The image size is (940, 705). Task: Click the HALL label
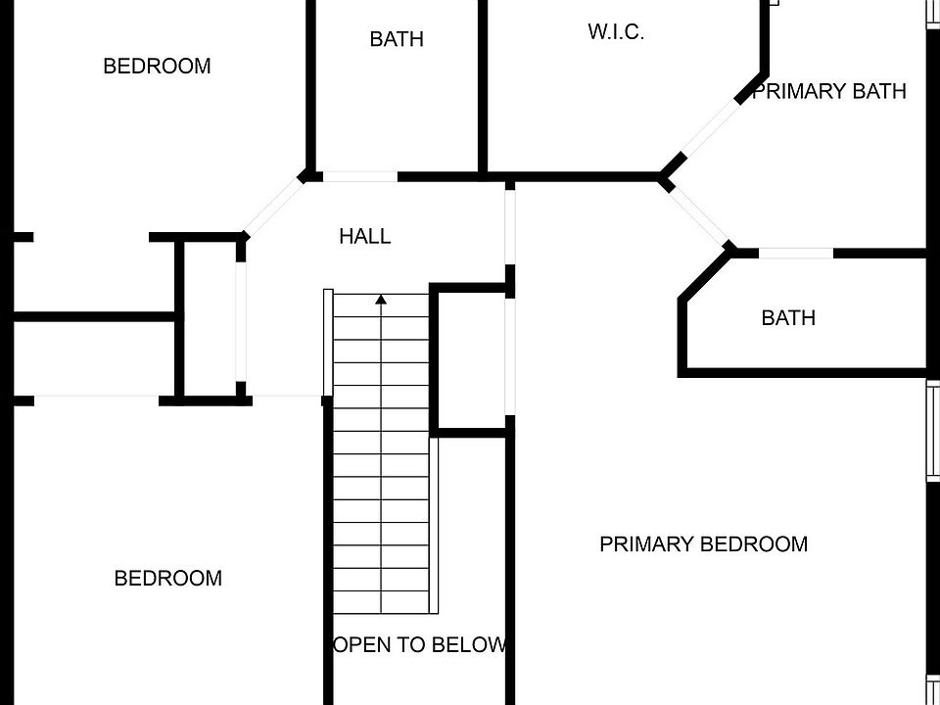click(364, 236)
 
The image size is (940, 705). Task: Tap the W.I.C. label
click(616, 31)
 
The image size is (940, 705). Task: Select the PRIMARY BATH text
click(828, 91)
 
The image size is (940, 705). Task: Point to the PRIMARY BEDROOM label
click(703, 543)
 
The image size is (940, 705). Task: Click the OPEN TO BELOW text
click(421, 644)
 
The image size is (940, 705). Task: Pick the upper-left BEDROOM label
click(157, 67)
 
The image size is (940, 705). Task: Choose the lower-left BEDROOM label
click(168, 578)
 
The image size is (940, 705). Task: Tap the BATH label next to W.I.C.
click(397, 39)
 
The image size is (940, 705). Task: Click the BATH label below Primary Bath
click(788, 317)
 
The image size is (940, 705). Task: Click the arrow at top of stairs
click(381, 299)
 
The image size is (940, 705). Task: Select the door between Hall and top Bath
click(359, 177)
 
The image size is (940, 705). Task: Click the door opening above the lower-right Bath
click(796, 253)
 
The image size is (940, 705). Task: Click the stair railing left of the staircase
click(329, 343)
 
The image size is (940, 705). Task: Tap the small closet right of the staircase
click(469, 358)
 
